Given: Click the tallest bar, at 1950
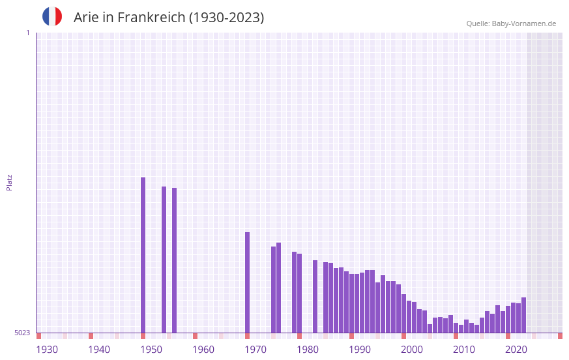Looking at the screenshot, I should (143, 254).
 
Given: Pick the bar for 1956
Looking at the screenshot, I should (175, 260).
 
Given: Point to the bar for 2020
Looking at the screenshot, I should (508, 320).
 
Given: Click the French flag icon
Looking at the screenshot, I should (52, 16).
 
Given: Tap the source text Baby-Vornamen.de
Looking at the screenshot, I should (524, 23).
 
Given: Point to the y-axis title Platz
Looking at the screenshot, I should (9, 182).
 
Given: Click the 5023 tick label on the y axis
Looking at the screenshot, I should (22, 333).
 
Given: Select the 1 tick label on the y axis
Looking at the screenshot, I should (27, 33).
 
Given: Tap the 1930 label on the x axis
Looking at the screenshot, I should (47, 350).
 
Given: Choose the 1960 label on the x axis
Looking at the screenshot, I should (203, 350).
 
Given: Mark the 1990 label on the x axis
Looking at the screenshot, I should (360, 350).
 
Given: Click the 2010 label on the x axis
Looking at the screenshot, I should (464, 350).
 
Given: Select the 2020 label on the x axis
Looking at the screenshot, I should (516, 350).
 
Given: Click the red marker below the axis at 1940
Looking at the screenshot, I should (91, 336).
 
